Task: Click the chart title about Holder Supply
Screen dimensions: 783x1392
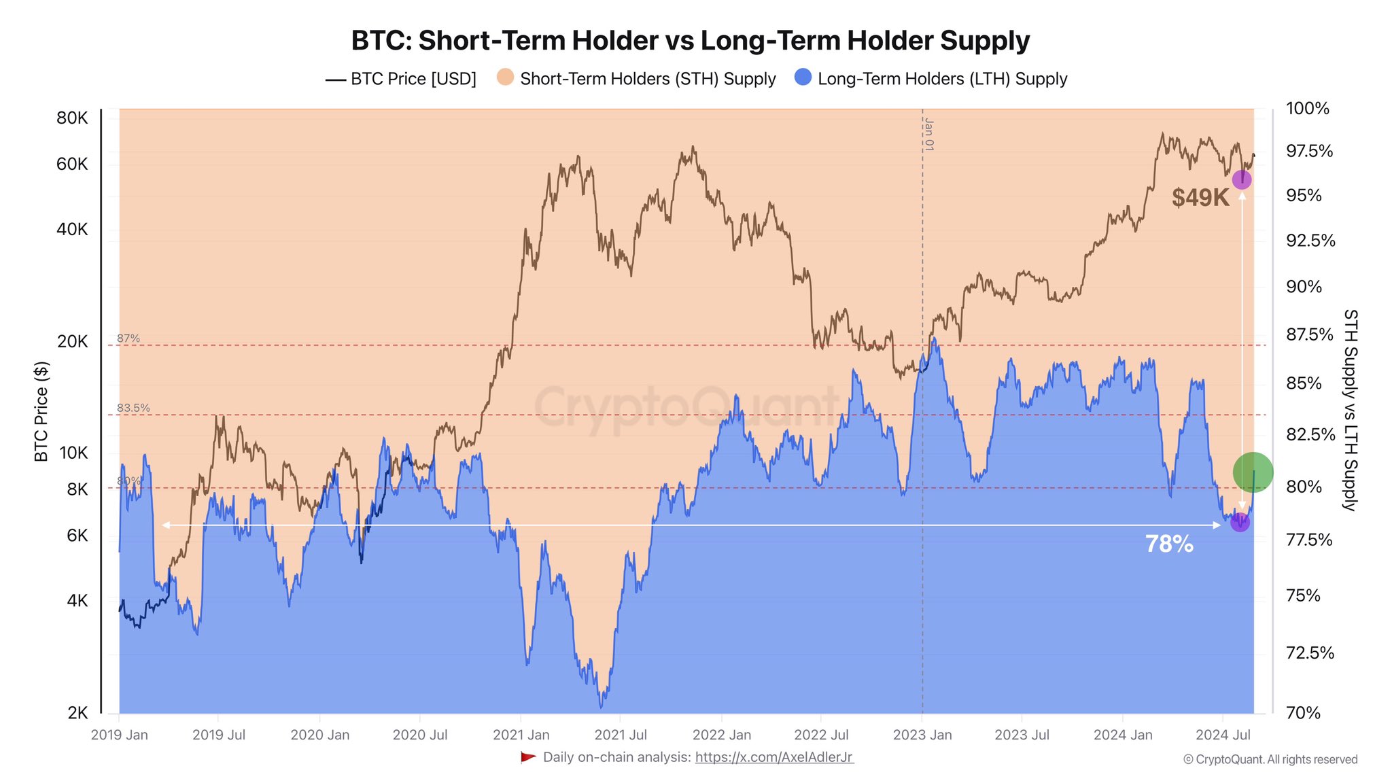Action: point(690,41)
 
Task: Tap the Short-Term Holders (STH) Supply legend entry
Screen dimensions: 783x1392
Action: point(636,79)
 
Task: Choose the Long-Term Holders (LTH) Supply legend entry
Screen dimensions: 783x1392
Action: point(931,79)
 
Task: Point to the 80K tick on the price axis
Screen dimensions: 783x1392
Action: point(73,118)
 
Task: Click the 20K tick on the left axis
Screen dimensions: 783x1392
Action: point(73,341)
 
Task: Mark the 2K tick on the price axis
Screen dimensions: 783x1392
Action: point(77,713)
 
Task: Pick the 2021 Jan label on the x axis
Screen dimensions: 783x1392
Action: point(521,735)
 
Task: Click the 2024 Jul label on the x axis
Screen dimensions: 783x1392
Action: point(1223,735)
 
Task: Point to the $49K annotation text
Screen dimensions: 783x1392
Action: point(1200,198)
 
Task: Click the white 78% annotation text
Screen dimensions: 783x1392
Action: point(1169,544)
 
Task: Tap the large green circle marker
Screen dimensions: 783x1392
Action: point(1253,472)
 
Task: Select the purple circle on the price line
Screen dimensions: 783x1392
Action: point(1242,179)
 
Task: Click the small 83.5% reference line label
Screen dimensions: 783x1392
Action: point(133,408)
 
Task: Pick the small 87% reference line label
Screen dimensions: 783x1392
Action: point(128,338)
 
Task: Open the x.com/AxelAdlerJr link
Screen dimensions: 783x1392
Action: point(774,757)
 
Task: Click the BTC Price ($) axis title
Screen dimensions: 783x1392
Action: point(41,411)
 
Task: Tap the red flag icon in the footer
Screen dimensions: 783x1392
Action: point(528,757)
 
